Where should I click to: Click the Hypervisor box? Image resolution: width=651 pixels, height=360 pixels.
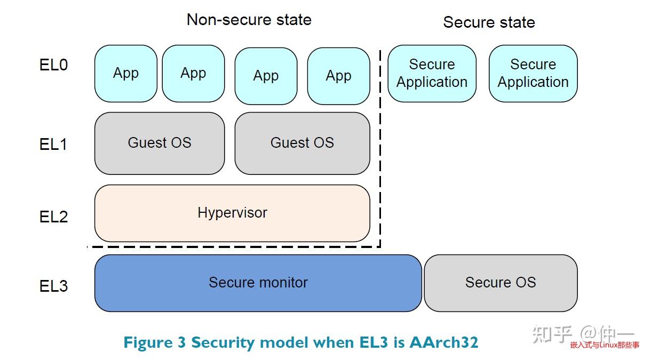[232, 213]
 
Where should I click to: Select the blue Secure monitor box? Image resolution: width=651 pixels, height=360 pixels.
[258, 283]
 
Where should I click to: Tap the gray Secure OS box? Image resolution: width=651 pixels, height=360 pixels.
[501, 283]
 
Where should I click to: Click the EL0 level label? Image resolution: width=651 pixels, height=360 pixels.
[53, 66]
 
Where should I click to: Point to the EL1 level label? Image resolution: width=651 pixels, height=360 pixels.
[53, 145]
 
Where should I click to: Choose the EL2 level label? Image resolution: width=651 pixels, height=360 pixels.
[53, 217]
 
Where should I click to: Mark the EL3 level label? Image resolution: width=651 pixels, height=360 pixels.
[53, 286]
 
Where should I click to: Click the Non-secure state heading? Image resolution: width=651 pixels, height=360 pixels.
[249, 20]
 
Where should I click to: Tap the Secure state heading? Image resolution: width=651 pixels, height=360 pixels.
[489, 22]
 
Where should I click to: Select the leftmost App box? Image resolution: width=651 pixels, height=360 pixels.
[126, 74]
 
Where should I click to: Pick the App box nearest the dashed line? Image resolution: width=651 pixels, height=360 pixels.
[338, 76]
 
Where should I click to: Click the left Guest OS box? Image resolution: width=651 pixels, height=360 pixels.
[160, 143]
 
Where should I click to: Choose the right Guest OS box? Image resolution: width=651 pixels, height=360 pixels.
[302, 143]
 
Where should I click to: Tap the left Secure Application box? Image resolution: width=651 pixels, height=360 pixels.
[432, 74]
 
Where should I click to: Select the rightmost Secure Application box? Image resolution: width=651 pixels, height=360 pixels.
[533, 74]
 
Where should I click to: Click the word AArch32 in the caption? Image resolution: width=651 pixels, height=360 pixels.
[444, 342]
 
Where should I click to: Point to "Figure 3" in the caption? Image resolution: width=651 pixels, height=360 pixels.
[154, 342]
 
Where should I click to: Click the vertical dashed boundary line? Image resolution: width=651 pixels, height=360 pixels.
[380, 149]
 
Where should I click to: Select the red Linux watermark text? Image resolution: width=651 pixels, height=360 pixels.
[604, 346]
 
